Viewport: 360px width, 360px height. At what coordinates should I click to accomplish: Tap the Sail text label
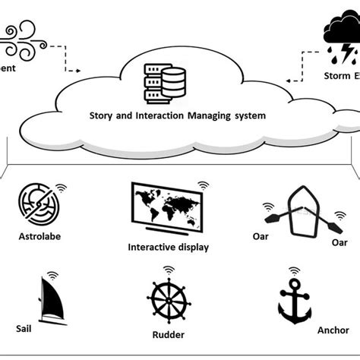pyautogui.click(x=24, y=331)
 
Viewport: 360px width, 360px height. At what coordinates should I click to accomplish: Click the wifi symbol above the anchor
pyautogui.click(x=292, y=271)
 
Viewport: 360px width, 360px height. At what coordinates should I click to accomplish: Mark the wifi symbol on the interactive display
pyautogui.click(x=203, y=185)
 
